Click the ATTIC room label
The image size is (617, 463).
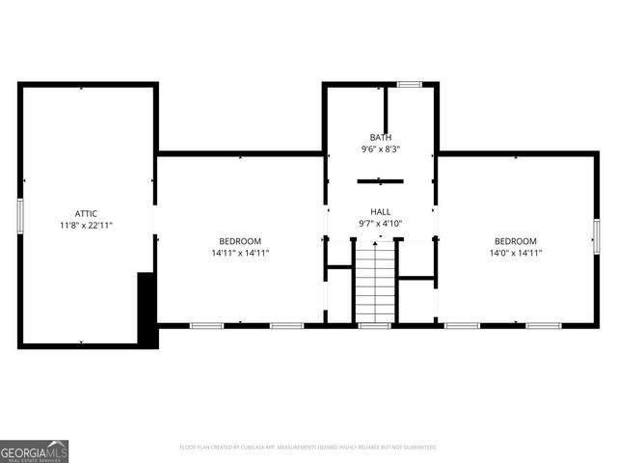tap(87, 213)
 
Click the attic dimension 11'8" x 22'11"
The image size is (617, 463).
tap(87, 226)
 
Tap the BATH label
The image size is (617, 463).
tap(381, 137)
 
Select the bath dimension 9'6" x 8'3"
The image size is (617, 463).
tap(381, 150)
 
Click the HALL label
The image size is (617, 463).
tap(381, 211)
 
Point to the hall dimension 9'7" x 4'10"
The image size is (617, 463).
tap(381, 224)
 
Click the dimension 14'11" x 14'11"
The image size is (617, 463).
tap(240, 253)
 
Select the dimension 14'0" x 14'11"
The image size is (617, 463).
tap(516, 253)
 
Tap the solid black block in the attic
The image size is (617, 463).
tap(148, 309)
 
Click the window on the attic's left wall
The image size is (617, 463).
tap(19, 214)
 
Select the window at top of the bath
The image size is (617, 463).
tap(410, 85)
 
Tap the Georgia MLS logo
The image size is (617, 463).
tap(35, 450)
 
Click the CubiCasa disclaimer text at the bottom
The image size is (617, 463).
tap(308, 448)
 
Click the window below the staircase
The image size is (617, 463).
tap(373, 326)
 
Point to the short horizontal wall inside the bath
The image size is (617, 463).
tap(380, 180)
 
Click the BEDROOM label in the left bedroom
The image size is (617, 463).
tap(240, 240)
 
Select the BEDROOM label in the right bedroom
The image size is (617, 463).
tap(516, 240)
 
